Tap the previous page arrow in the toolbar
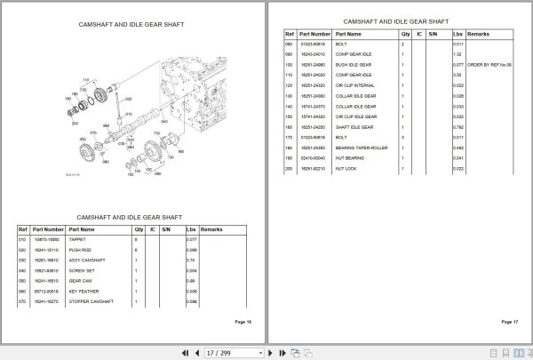197,352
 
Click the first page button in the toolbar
185,352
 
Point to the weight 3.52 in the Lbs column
457,75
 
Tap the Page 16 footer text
242,321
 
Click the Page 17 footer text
509,321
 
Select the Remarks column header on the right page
478,32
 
